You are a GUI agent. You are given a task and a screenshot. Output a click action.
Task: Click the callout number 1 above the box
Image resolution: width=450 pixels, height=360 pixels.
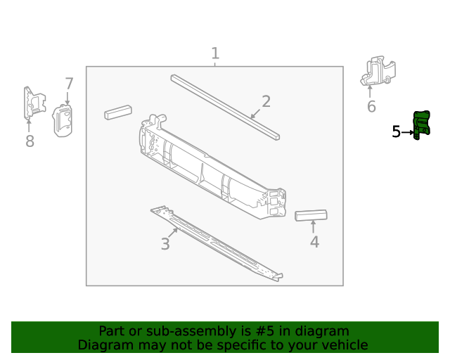[x=215, y=53]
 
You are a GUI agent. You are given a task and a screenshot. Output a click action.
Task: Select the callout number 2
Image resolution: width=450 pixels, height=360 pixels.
[x=266, y=101]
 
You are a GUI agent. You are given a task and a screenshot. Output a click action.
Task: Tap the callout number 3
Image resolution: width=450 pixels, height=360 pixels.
[x=165, y=244]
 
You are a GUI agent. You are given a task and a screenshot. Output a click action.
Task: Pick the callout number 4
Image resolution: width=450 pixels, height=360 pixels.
[x=314, y=242]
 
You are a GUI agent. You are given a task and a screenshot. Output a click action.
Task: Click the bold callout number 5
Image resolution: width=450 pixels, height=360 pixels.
[x=396, y=131]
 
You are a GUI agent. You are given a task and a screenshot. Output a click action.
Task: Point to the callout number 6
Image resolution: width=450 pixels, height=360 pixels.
[x=371, y=107]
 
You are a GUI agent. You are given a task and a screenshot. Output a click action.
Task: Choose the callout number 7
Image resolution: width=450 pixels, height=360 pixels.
[x=69, y=84]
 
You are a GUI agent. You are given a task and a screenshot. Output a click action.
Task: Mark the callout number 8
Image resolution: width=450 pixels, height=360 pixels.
[x=30, y=142]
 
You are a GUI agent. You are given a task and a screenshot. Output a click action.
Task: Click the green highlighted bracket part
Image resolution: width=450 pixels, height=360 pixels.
[x=422, y=124]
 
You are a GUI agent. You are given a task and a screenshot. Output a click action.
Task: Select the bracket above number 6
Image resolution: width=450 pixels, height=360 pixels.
[x=378, y=71]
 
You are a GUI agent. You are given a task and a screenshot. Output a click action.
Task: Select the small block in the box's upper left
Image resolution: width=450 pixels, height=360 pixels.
[x=117, y=112]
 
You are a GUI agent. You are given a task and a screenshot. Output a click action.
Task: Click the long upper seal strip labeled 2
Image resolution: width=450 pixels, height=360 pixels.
[x=225, y=105]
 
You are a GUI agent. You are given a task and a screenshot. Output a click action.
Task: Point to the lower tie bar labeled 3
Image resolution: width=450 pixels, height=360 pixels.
[x=214, y=243]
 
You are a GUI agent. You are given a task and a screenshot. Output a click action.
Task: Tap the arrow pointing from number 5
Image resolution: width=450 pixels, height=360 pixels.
[x=407, y=132]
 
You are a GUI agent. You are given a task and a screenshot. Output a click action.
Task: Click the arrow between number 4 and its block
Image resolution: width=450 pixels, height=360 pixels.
[x=314, y=227]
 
